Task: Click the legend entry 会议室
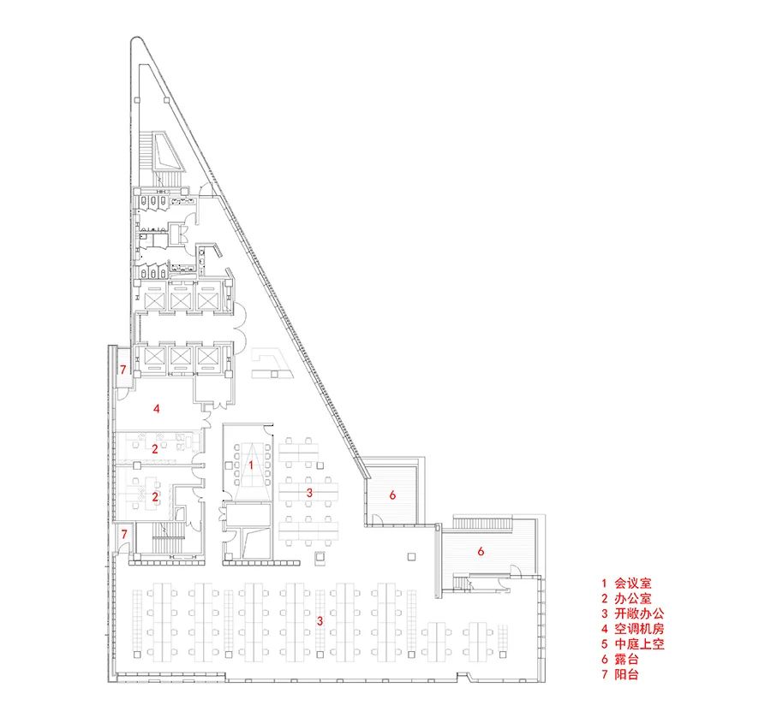pyautogui.click(x=633, y=583)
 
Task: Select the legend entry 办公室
pyautogui.click(x=633, y=598)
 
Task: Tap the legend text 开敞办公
pyautogui.click(x=639, y=613)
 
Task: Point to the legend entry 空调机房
pyautogui.click(x=639, y=629)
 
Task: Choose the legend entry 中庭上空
pyautogui.click(x=639, y=643)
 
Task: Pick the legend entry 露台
pyautogui.click(x=626, y=659)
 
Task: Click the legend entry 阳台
pyautogui.click(x=626, y=674)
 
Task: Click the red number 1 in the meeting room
pyautogui.click(x=251, y=465)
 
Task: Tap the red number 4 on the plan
pyautogui.click(x=157, y=408)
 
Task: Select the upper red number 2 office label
pyautogui.click(x=155, y=448)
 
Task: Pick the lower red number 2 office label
pyautogui.click(x=155, y=496)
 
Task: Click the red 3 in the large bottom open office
pyautogui.click(x=320, y=621)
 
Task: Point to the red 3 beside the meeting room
pyautogui.click(x=309, y=493)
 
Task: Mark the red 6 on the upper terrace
pyautogui.click(x=392, y=495)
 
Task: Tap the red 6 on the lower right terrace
pyautogui.click(x=481, y=552)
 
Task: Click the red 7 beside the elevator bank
pyautogui.click(x=123, y=369)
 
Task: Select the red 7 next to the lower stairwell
pyautogui.click(x=124, y=534)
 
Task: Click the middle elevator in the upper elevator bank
pyautogui.click(x=180, y=299)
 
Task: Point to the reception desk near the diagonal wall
pyautogui.click(x=272, y=364)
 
